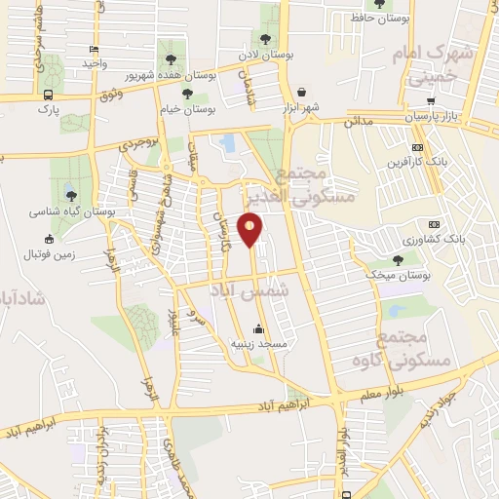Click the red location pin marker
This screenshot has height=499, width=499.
tap(252, 229)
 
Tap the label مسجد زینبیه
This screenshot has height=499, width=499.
tap(257, 343)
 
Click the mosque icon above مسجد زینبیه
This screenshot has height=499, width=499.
tap(257, 328)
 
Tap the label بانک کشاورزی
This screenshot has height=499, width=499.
tap(434, 238)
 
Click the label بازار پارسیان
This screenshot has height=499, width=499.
tap(430, 116)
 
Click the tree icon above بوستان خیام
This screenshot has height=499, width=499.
tap(187, 95)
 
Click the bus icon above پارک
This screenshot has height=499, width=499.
tap(49, 95)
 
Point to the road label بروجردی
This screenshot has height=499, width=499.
tap(138, 143)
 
